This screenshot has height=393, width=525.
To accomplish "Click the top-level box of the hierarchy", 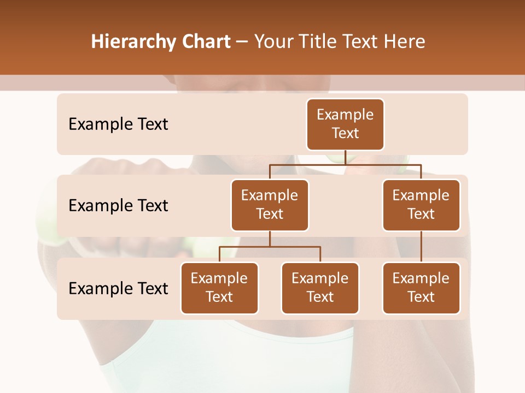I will pos(345,124).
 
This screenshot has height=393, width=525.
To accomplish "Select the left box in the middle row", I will pos(270,205).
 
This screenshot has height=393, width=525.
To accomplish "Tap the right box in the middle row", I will pos(421,205).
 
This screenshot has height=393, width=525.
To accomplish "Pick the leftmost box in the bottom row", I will pos(219,288).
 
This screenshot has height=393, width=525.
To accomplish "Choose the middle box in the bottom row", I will pos(320,288).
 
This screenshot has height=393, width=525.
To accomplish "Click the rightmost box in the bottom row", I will pos(421,288).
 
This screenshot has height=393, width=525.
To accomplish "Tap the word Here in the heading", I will pos(406,41).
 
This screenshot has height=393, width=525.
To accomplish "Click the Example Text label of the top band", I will pos(118,124).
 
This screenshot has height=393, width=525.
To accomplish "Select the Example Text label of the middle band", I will pos(118,206).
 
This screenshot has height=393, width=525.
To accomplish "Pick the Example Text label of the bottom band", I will pos(118,288).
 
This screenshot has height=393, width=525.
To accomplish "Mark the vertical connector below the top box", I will pos(345,157).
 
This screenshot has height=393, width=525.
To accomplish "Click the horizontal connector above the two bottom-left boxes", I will pos(270,247).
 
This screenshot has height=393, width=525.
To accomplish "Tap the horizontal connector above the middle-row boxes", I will pos(345,164).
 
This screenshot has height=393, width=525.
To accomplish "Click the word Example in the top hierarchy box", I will pos(345,115).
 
